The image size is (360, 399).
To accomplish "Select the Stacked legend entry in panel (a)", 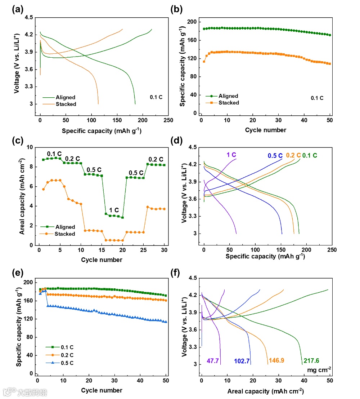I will (x=66, y=104).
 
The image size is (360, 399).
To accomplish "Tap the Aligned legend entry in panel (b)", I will (x=228, y=96).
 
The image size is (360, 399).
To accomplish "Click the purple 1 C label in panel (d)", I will (x=231, y=155).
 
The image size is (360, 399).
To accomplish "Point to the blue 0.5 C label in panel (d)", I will (x=275, y=156).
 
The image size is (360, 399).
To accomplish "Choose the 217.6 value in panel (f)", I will (x=311, y=361).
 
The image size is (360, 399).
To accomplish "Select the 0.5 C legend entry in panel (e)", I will (x=66, y=362).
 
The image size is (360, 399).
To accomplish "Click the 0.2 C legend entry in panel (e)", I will (x=66, y=355).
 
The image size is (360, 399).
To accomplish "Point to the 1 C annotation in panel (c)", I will (x=114, y=210).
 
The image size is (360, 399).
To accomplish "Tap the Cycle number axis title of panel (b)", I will (x=266, y=130).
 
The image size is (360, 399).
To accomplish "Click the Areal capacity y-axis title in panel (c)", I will (x=22, y=196).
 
